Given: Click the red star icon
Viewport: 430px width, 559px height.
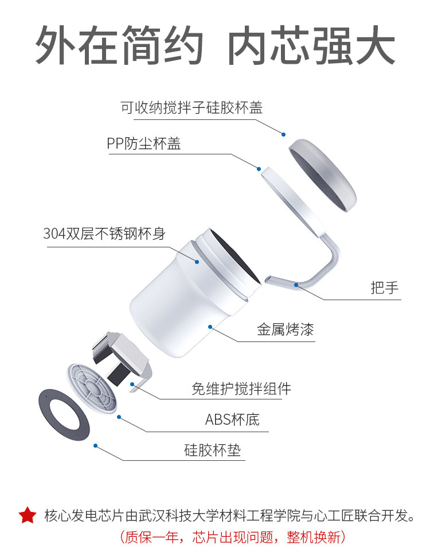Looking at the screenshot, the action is click(28, 515).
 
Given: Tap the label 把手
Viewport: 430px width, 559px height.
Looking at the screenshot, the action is click(384, 288).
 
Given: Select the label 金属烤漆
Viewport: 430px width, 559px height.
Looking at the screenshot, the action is click(286, 329).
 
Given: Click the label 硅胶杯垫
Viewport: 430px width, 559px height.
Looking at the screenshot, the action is click(212, 450).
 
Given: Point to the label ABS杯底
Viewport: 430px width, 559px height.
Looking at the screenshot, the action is click(232, 420).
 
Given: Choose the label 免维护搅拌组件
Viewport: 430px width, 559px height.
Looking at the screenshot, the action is click(241, 388).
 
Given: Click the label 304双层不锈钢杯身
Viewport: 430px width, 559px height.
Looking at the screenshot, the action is click(104, 234).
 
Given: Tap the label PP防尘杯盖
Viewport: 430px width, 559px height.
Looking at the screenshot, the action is click(144, 143).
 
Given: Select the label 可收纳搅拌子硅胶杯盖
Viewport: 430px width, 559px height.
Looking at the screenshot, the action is click(191, 107).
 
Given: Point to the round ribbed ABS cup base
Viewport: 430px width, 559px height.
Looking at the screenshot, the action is click(92, 388).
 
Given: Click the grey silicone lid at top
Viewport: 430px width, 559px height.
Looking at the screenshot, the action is click(322, 175).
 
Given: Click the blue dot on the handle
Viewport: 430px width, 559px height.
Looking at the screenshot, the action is click(296, 285).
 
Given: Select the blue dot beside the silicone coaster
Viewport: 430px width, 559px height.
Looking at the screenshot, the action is click(95, 445).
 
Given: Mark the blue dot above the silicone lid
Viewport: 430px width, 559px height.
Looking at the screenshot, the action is click(284, 134).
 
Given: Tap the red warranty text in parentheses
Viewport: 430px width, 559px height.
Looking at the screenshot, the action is click(232, 537).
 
